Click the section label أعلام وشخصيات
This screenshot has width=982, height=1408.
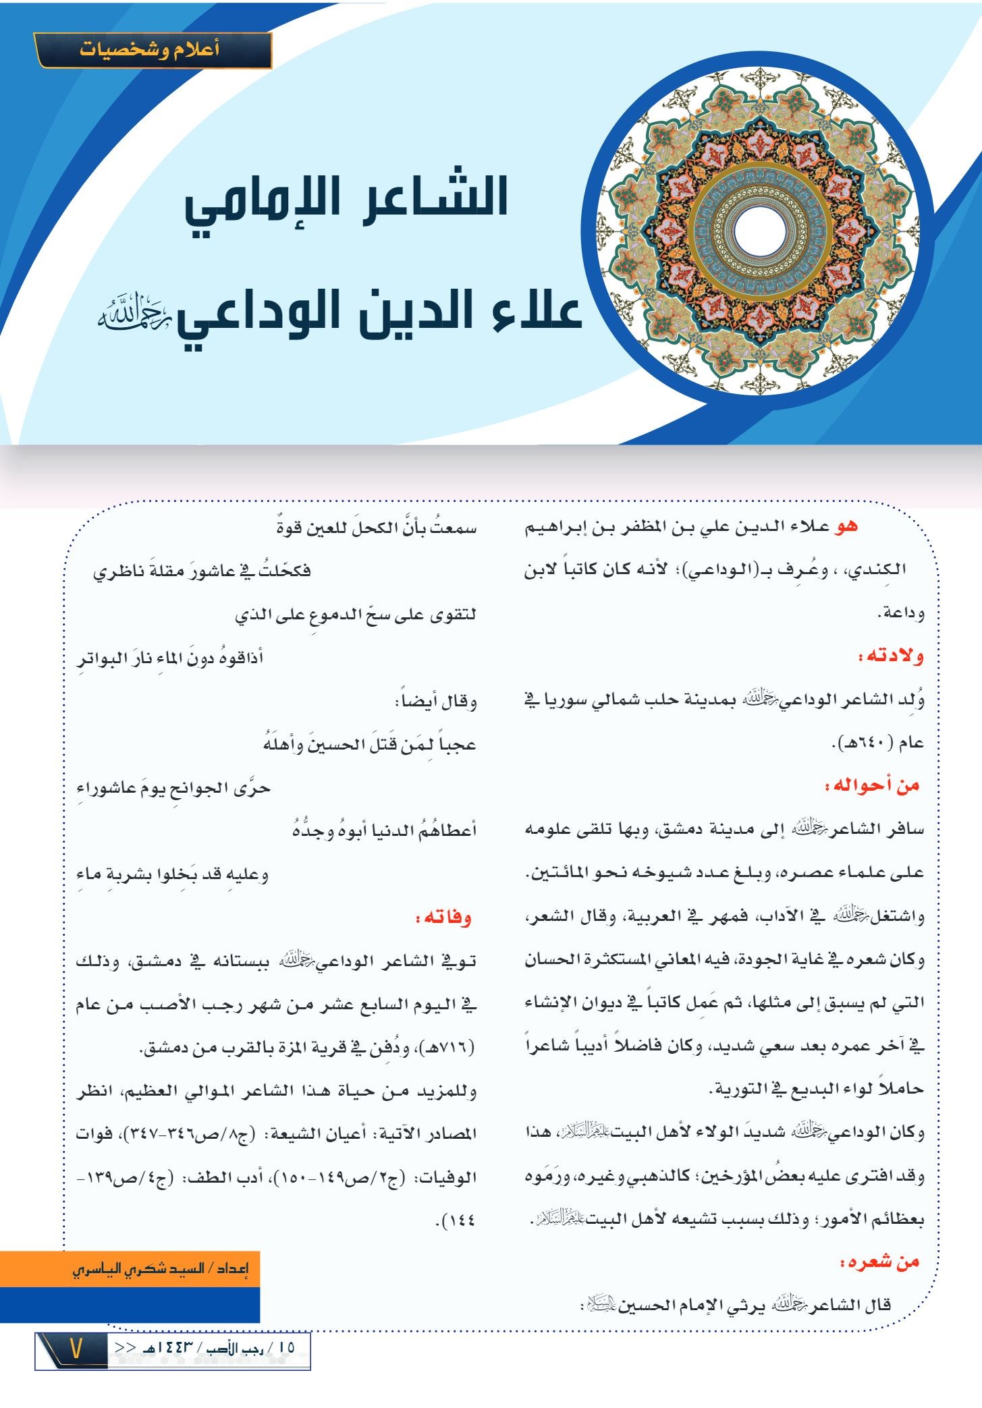coord(150,51)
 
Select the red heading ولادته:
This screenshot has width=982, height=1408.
coord(890,656)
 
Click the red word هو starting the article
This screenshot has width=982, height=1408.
coord(846,526)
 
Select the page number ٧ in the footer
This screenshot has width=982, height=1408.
coord(76,1349)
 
